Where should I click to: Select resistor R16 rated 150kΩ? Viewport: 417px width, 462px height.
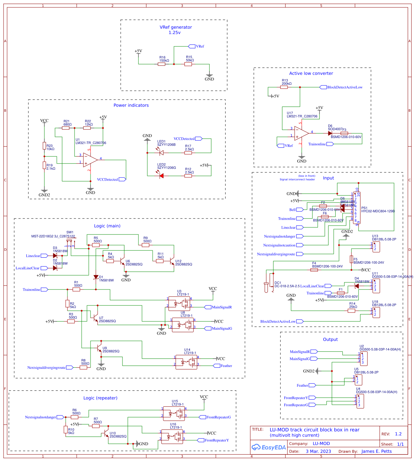click(161, 64)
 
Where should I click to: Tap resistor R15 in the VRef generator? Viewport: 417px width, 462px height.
click(188, 64)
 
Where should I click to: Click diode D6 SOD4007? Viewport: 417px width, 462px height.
click(330, 133)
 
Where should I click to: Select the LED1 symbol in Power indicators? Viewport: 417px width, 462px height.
click(161, 153)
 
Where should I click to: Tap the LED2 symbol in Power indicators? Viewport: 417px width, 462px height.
click(161, 176)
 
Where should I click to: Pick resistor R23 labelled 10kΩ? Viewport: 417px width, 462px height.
click(44, 145)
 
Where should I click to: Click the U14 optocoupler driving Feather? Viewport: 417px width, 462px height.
click(186, 362)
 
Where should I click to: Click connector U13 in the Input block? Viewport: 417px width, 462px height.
click(375, 247)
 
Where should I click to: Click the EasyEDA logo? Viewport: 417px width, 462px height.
click(269, 447)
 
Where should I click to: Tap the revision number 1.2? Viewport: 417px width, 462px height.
click(398, 434)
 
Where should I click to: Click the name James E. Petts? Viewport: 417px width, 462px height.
click(377, 451)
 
